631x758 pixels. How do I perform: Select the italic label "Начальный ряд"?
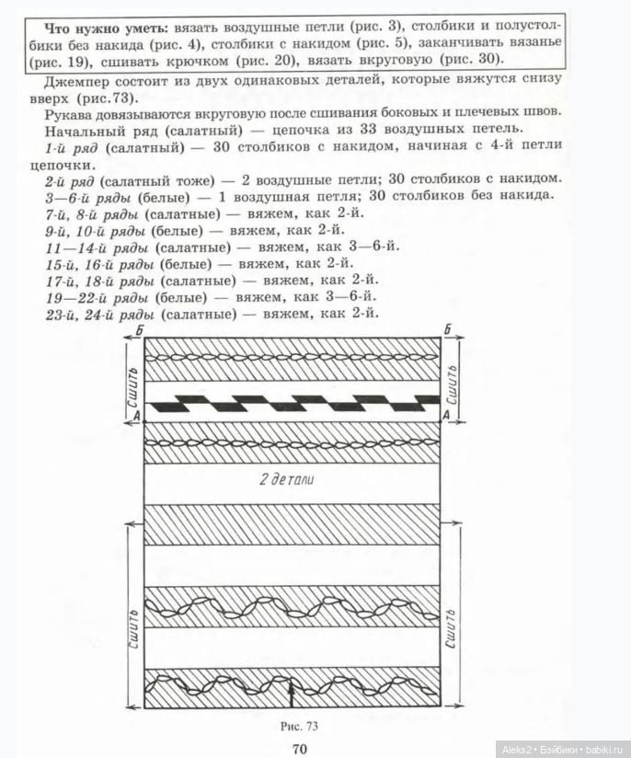pyautogui.click(x=88, y=130)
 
